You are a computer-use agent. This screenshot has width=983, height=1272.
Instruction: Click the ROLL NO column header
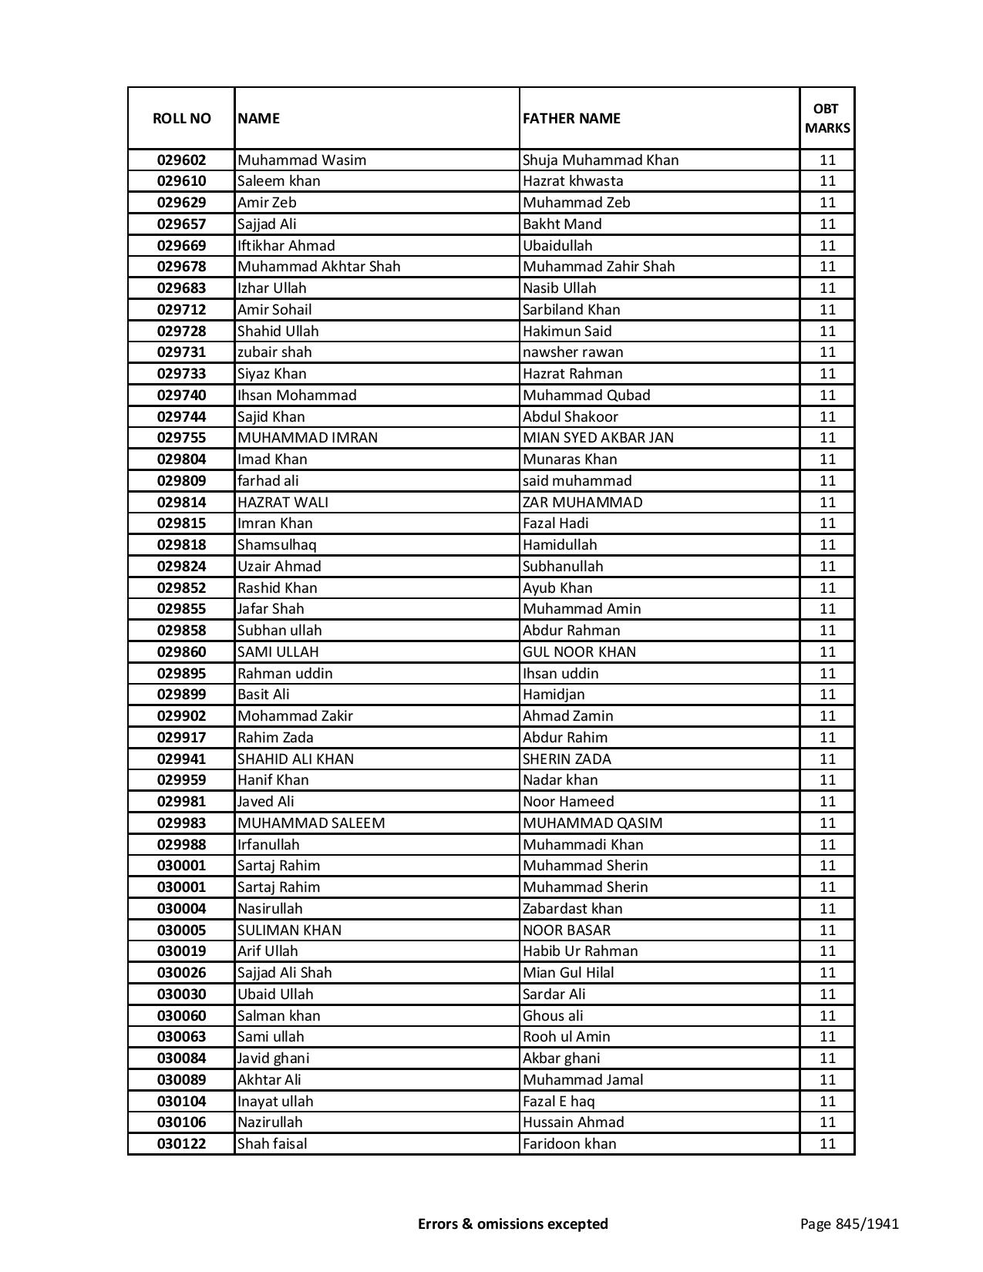tap(181, 119)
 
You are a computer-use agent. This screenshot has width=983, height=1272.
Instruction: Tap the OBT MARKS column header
tap(827, 119)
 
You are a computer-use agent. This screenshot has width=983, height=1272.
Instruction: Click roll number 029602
tap(181, 160)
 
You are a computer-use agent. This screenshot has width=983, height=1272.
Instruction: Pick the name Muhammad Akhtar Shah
tap(318, 267)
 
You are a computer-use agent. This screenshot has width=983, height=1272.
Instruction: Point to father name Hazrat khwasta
tap(573, 181)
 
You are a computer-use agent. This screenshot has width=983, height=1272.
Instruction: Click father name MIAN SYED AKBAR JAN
tap(598, 438)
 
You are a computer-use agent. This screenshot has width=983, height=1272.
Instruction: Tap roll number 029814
tap(181, 503)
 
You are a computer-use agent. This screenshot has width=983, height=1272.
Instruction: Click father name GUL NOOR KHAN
tap(579, 652)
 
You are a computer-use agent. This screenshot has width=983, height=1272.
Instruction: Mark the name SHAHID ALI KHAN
tap(295, 759)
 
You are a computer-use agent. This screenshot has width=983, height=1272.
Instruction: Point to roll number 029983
tap(181, 823)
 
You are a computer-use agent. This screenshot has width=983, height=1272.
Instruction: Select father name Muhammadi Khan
tap(583, 845)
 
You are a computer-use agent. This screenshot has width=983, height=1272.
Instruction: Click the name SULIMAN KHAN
tap(289, 930)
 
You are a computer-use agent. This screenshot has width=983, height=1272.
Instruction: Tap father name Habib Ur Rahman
tap(580, 951)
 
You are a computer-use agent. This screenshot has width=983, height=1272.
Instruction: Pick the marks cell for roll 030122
tap(827, 1144)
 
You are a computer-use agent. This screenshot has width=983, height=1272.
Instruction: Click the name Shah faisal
tap(271, 1144)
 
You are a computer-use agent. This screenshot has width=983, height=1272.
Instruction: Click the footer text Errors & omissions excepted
tap(513, 1223)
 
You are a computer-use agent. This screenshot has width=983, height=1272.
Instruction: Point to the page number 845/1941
tap(850, 1223)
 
